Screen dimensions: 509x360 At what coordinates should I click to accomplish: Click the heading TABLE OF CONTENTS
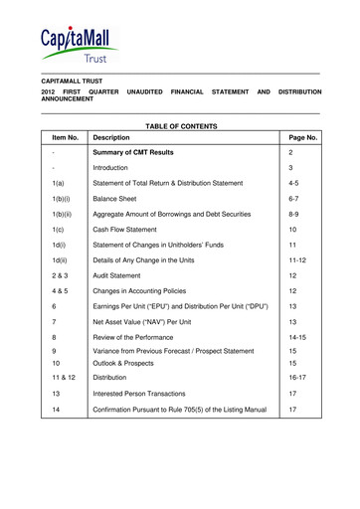(180, 125)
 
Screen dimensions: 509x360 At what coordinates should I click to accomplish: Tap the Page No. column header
(302, 137)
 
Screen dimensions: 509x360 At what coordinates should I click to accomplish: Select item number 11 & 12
(64, 379)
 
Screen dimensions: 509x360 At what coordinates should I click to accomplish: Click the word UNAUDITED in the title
(144, 91)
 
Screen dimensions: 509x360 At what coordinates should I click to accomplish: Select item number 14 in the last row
(58, 409)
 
